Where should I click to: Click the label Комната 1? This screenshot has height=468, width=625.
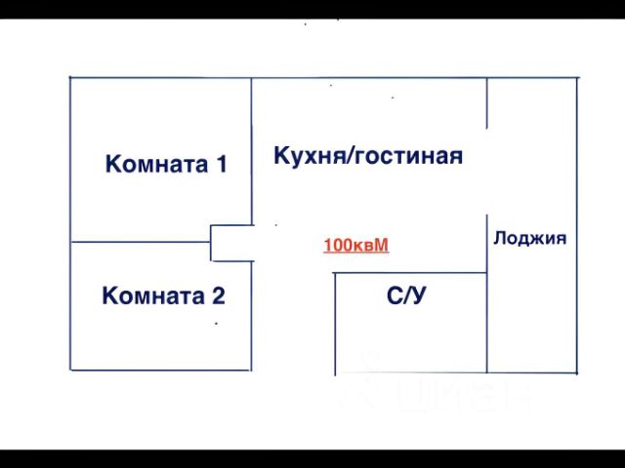pos(166,164)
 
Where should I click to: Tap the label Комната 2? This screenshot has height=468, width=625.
pos(164,295)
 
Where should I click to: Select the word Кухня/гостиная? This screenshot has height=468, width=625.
pos(368,156)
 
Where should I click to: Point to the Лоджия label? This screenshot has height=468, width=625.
pos(530,238)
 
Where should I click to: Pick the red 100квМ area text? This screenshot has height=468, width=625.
pos(356,245)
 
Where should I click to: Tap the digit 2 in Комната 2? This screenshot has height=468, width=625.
pos(219,295)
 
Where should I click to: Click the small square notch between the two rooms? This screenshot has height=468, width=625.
pos(231,243)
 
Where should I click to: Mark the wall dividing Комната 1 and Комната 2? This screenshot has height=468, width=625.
pos(142,242)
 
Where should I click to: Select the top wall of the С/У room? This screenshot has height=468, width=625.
pos(410,273)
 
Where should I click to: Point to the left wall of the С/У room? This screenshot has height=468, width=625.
pos(335,322)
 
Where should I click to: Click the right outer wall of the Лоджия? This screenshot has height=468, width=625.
pos(577,224)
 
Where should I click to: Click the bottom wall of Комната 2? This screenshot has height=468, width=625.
pos(161,370)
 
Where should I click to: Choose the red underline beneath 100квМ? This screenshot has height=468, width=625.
pos(356,253)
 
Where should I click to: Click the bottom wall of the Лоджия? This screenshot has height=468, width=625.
pos(532,372)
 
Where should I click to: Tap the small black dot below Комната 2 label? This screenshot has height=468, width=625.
pos(215,323)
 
